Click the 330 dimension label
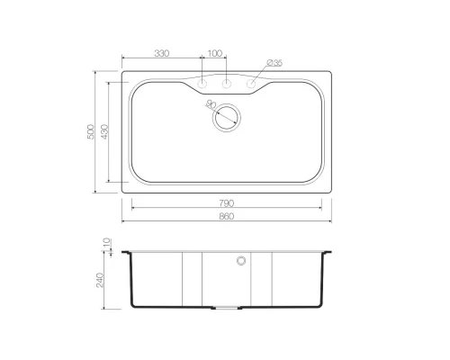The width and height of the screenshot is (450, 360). point(162,53)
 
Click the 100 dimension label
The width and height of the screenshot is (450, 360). point(215,53)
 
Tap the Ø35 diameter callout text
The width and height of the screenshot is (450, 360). point(274,63)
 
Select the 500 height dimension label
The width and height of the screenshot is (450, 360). point(91,131)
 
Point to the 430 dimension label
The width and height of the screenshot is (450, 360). point(104,131)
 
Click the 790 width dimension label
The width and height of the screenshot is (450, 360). point(226,203)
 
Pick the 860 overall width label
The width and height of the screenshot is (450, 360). point(226,216)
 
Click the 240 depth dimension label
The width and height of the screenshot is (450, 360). point(100,280)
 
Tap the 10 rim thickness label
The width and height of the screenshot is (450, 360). point(107,243)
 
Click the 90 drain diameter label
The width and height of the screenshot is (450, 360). point(211,104)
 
